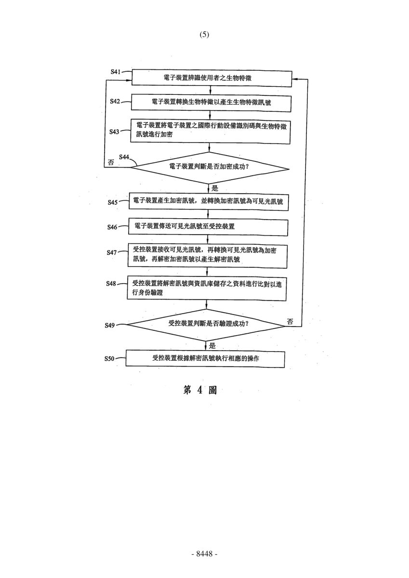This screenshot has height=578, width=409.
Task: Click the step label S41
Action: point(116,71)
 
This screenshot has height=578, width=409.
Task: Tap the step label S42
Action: point(115,102)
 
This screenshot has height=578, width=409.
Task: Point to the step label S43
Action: point(114,132)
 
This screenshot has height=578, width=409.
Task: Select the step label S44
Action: point(124,157)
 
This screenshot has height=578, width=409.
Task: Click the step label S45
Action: point(113,202)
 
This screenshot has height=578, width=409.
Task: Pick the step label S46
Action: point(112,227)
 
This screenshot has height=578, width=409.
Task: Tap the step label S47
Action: point(112,252)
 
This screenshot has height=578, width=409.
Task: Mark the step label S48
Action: point(111,284)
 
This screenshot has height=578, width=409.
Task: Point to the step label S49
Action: point(110,326)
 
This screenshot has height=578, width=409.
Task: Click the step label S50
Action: point(109,359)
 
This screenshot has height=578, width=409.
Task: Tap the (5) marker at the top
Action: point(204,35)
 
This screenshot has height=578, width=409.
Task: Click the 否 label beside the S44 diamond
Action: point(111,163)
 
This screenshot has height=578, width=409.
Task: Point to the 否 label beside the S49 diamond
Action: point(290,322)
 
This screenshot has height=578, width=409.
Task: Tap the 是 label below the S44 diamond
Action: point(215,188)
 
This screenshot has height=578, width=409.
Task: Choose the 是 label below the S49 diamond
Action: point(212,346)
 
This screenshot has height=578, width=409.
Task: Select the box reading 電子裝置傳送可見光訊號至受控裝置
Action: point(208,227)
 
